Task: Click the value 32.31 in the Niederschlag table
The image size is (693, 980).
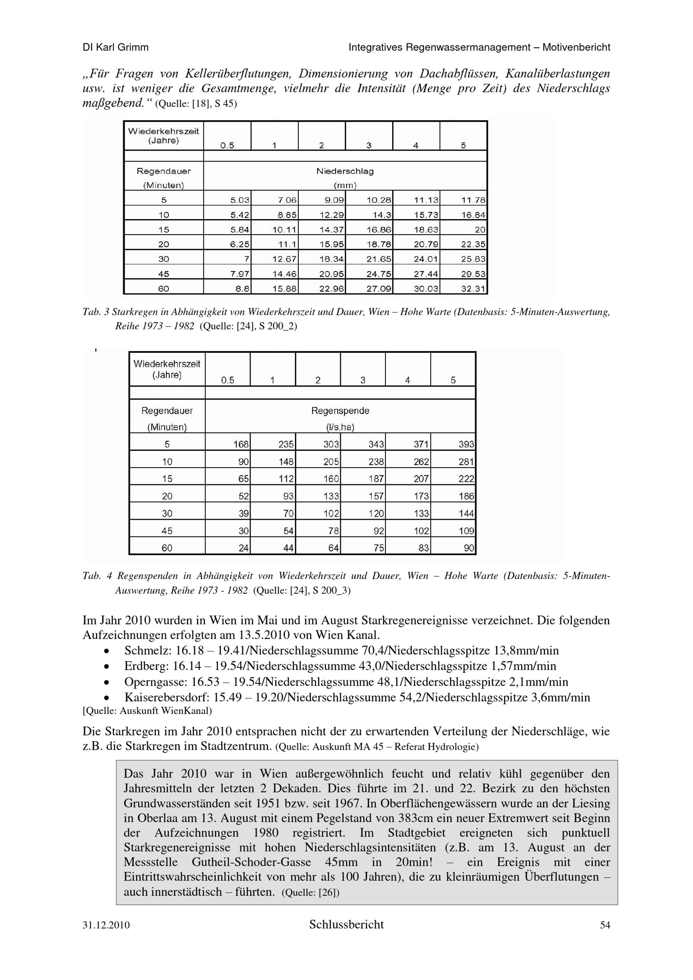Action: pyautogui.click(x=473, y=289)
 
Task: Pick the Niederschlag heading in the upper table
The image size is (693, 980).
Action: pyautogui.click(x=345, y=171)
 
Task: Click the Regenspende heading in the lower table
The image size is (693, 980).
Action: pyautogui.click(x=340, y=411)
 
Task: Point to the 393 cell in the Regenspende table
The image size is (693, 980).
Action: pyautogui.click(x=466, y=444)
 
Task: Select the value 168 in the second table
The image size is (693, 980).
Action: pyautogui.click(x=241, y=444)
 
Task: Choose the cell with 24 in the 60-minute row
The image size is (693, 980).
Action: pyautogui.click(x=244, y=548)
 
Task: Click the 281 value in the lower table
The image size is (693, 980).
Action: pyautogui.click(x=466, y=462)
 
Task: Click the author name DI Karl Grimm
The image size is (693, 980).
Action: pyautogui.click(x=116, y=47)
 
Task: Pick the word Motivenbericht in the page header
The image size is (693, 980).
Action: pyautogui.click(x=576, y=47)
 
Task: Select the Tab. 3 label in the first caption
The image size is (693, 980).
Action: pyautogui.click(x=96, y=312)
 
